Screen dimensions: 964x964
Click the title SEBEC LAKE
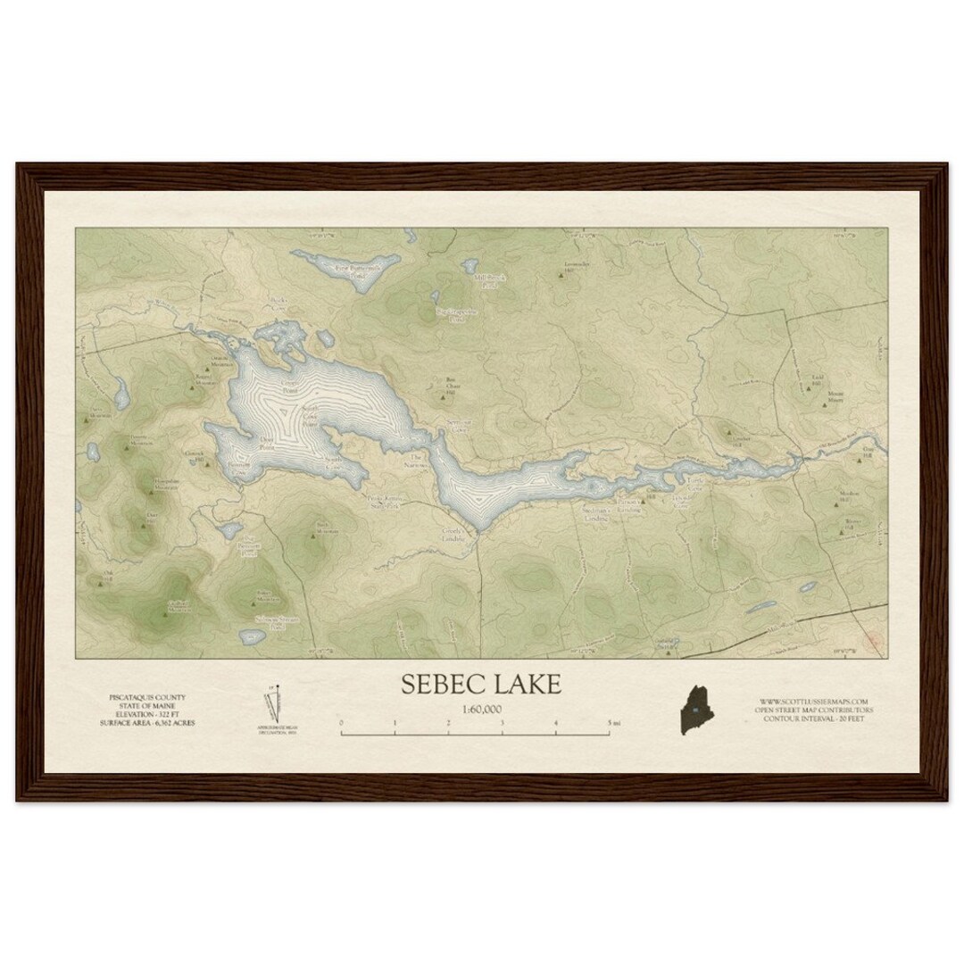point(481,685)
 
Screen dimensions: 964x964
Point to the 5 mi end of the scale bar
point(611,723)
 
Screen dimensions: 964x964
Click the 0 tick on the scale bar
point(342,723)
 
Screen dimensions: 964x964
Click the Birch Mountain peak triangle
point(313,536)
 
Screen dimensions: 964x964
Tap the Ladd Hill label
point(816,384)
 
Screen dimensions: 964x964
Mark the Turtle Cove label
point(695,479)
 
